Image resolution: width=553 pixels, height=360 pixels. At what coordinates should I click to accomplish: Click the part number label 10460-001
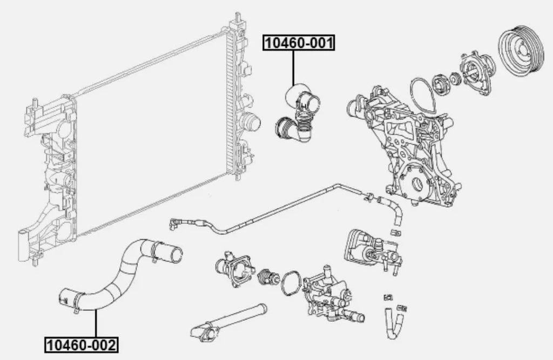[x=299, y=43]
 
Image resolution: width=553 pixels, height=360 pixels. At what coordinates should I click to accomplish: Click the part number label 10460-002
[x=81, y=343]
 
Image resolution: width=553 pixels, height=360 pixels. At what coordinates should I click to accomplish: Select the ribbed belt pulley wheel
[x=522, y=50]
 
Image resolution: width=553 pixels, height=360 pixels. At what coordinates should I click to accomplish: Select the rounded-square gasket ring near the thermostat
[x=292, y=282]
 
